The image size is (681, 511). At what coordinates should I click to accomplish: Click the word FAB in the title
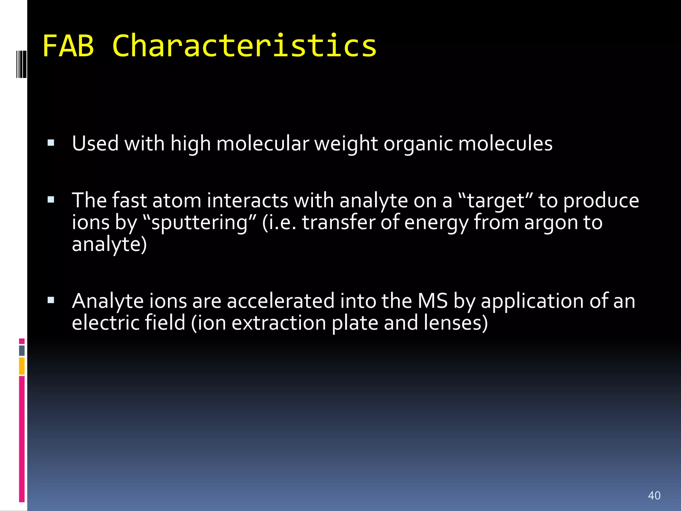click(x=68, y=46)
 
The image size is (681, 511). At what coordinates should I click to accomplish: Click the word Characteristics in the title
click(x=244, y=46)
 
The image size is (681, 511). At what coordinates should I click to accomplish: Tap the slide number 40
click(x=654, y=495)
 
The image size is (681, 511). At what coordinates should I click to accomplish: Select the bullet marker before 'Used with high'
click(x=51, y=143)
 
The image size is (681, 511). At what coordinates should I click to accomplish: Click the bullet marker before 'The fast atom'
click(x=51, y=200)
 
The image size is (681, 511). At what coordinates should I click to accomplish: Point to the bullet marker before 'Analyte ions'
click(x=51, y=300)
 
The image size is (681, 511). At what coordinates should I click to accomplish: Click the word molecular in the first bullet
click(x=262, y=144)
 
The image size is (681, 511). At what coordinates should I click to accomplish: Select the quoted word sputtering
click(x=199, y=223)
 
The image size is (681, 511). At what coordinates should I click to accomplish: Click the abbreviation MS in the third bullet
click(x=433, y=301)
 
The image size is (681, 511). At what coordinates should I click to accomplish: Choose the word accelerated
click(x=281, y=301)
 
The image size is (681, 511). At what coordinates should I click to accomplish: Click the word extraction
click(x=279, y=323)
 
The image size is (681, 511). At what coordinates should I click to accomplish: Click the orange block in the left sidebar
click(x=22, y=366)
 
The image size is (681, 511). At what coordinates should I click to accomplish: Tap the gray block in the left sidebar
click(x=22, y=350)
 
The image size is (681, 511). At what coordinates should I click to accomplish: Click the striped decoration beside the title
click(x=21, y=64)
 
